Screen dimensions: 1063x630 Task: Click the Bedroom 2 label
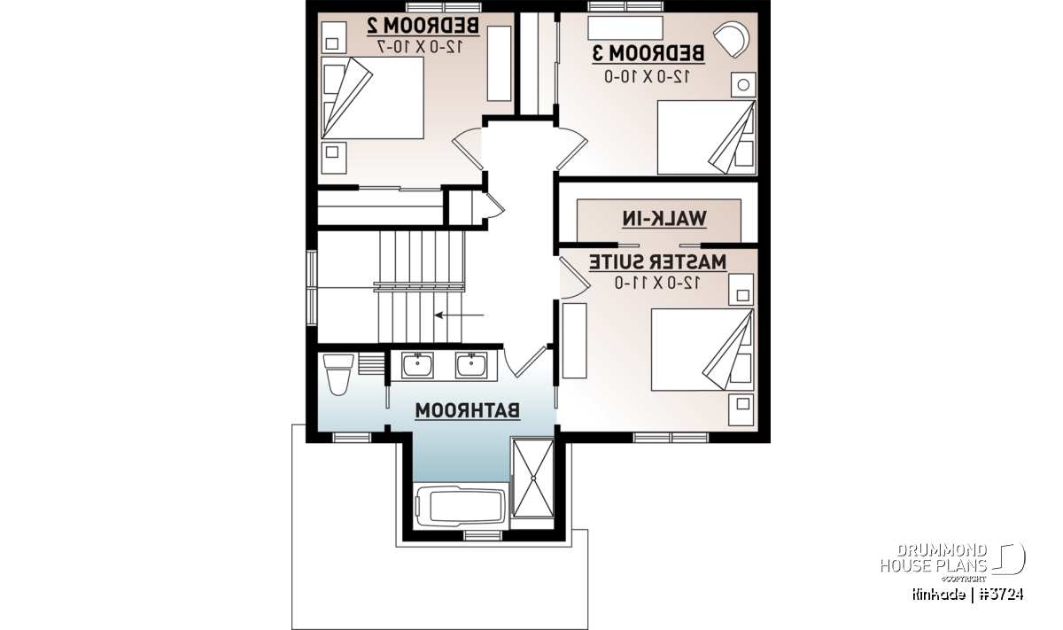[423, 26]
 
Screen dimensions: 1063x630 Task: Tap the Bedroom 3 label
[648, 53]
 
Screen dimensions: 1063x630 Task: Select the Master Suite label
[657, 262]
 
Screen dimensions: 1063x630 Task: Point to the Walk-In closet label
[664, 219]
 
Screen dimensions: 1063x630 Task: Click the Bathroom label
[468, 410]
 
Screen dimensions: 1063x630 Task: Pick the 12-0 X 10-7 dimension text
[420, 47]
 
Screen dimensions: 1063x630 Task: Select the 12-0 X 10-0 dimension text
[648, 76]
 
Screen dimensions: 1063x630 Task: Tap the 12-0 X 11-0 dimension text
[657, 283]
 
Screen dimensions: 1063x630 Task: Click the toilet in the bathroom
[338, 375]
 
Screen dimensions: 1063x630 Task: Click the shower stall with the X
[533, 478]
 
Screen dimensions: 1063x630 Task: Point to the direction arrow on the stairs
[460, 315]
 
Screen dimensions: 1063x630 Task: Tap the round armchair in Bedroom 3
[732, 39]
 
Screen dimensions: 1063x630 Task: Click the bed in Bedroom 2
[372, 98]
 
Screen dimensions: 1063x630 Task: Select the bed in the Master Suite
[702, 350]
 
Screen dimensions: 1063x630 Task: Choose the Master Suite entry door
[574, 278]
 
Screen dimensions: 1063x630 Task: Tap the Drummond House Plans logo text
[934, 558]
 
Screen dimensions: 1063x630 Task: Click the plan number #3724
[1001, 595]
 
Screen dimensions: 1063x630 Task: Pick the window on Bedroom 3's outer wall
[625, 6]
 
